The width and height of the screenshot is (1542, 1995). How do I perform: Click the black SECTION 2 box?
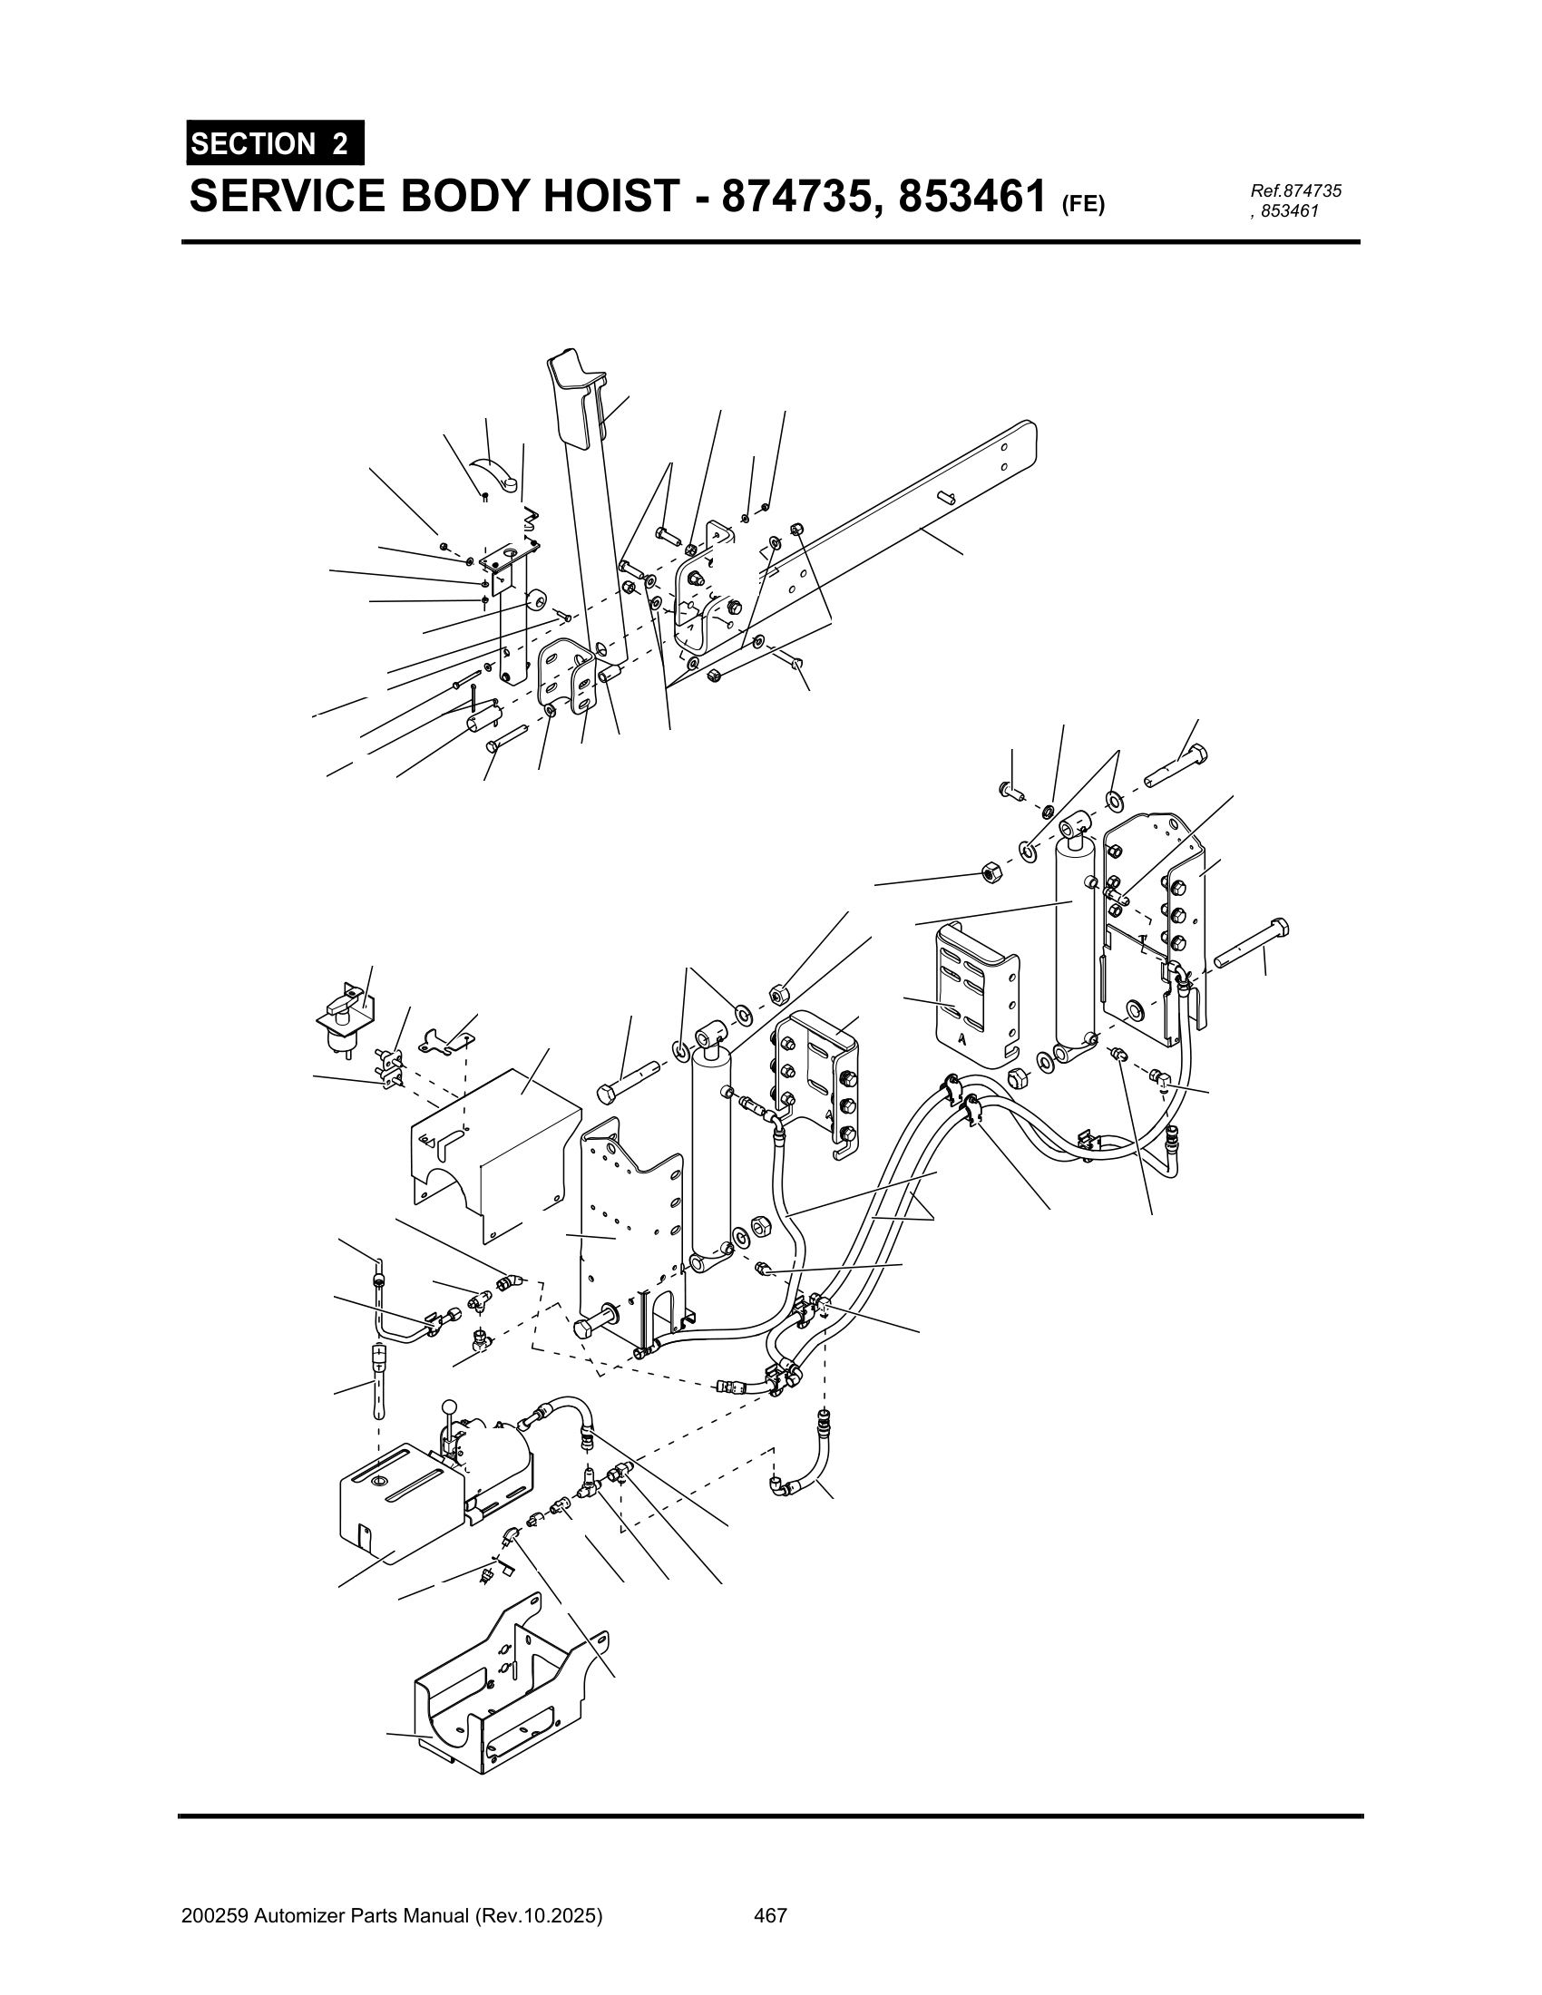(x=274, y=143)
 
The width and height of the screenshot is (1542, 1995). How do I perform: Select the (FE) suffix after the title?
(x=1082, y=205)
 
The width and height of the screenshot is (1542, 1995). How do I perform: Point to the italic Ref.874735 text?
(x=1295, y=191)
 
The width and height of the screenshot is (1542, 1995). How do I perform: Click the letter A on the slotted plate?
(x=962, y=1038)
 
